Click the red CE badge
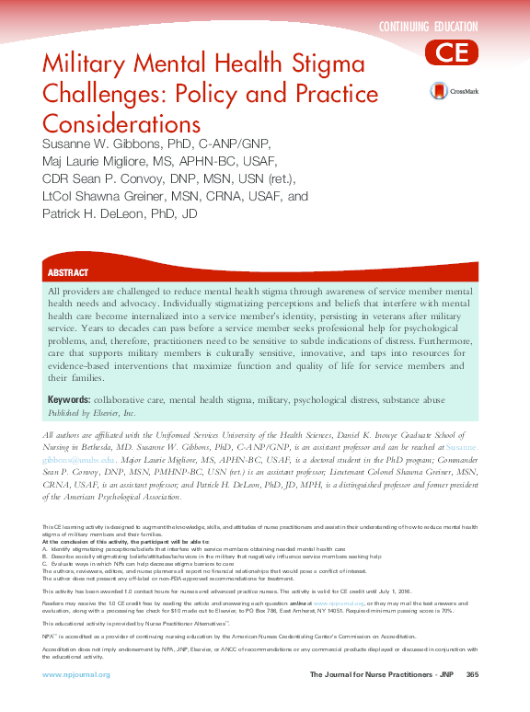(452, 52)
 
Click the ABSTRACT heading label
(68, 273)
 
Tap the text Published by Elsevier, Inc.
(91, 413)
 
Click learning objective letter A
(44, 549)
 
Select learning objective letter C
(44, 562)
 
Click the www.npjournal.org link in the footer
(76, 675)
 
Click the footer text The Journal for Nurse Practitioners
(373, 675)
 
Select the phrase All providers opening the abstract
(75, 291)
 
